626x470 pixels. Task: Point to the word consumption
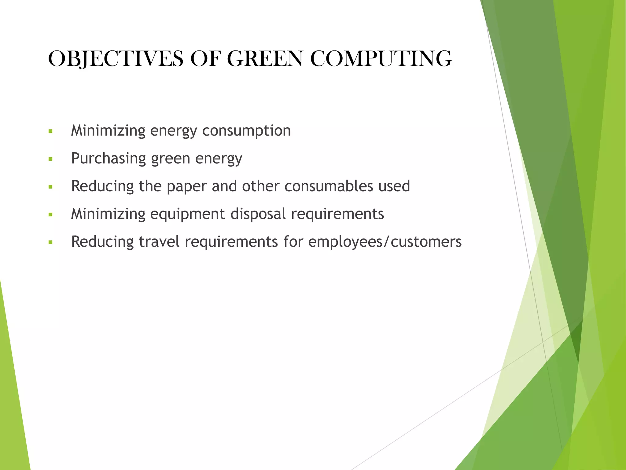point(246,131)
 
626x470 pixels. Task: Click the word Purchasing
point(109,159)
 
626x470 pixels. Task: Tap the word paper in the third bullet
point(186,186)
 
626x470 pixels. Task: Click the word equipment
point(187,214)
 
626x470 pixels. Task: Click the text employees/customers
point(385,242)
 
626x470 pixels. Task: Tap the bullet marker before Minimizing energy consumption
point(50,132)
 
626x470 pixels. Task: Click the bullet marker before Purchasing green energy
point(50,159)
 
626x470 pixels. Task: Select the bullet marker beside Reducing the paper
point(50,187)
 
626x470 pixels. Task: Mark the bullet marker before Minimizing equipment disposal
point(50,215)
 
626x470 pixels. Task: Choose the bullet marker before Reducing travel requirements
point(50,243)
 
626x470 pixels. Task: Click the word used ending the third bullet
point(394,186)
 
